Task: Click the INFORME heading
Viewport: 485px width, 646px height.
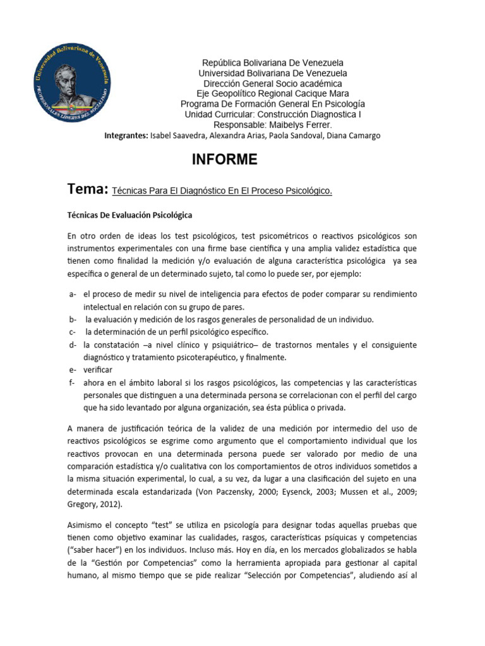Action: [224, 160]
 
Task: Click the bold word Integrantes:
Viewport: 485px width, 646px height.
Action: [125, 136]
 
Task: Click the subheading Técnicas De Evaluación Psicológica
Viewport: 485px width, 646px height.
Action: [129, 215]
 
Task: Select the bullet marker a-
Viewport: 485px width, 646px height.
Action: [72, 295]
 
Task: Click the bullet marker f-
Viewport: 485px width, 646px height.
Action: [71, 383]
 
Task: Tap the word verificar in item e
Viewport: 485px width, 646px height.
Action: [99, 370]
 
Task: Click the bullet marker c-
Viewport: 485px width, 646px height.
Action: [71, 332]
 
